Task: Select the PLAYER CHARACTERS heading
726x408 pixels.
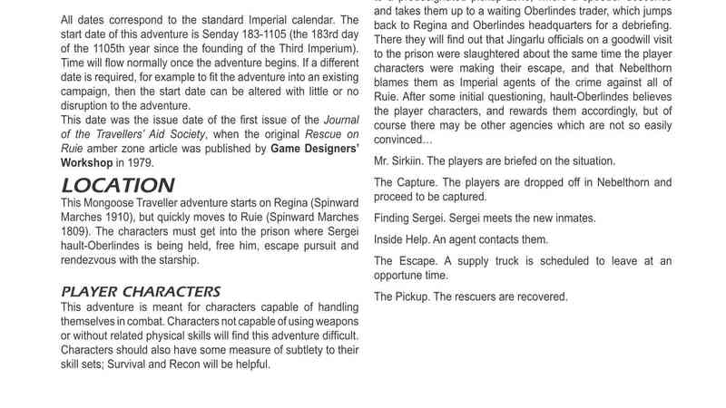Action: [141, 291]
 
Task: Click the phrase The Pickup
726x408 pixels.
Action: [402, 296]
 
